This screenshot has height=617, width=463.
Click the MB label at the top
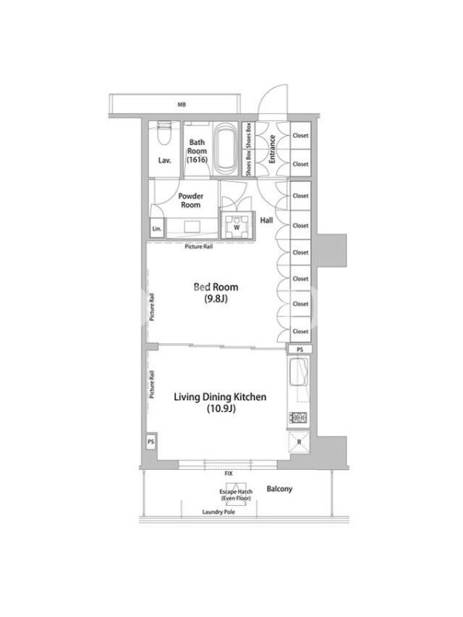[181, 105]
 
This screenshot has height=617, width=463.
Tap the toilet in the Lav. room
[164, 135]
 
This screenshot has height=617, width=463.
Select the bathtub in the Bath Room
[225, 149]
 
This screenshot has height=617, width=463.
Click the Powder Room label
[191, 201]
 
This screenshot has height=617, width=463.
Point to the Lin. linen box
[157, 228]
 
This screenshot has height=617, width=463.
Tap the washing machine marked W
[237, 227]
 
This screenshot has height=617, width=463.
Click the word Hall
[266, 221]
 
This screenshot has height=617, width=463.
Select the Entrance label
[272, 149]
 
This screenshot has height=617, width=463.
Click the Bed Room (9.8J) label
[216, 292]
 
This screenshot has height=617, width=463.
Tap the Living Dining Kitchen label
[220, 402]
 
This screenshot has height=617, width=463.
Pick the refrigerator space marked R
[299, 442]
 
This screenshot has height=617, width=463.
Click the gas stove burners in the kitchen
[299, 417]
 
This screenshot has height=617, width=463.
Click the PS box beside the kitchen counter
[300, 349]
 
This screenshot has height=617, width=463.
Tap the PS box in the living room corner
[150, 442]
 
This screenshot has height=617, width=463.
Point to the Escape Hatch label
[236, 494]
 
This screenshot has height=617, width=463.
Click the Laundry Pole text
[218, 512]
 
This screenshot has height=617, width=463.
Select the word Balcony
[279, 489]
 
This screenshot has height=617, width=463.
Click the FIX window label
[228, 474]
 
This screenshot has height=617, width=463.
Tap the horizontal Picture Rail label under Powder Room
[199, 247]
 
